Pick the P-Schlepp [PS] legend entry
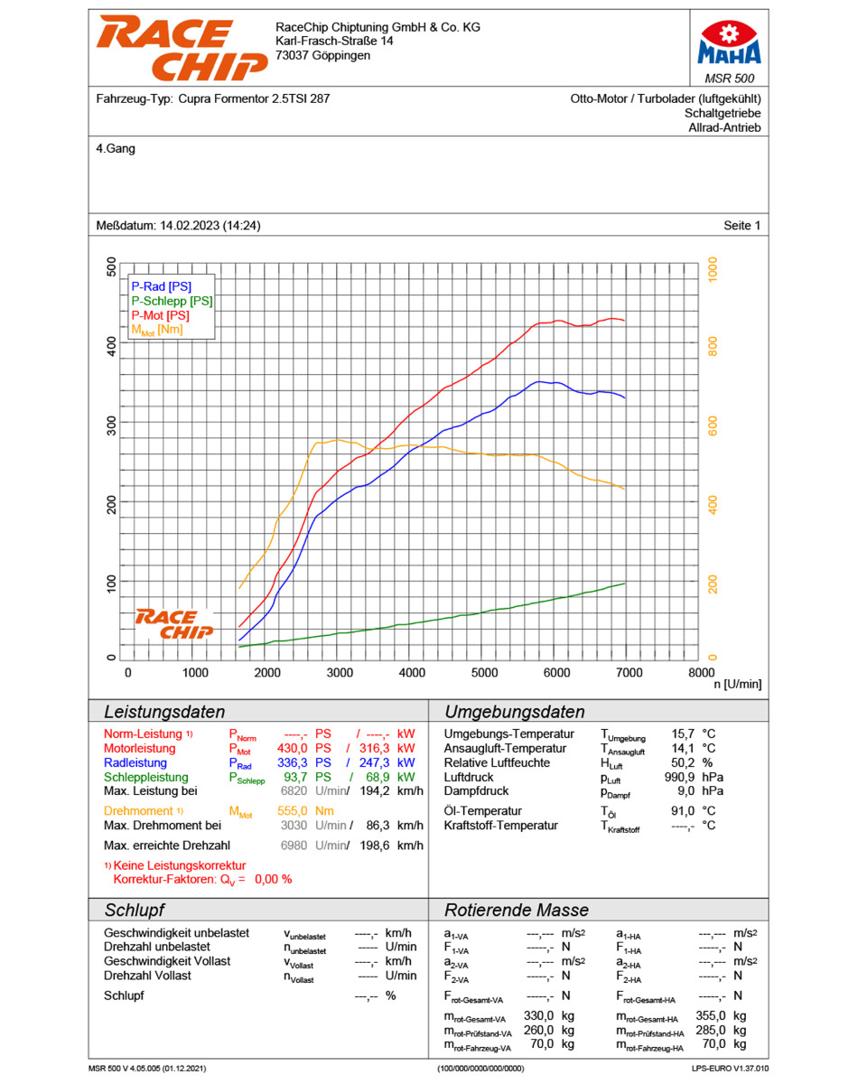[172, 301]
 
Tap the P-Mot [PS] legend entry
[161, 315]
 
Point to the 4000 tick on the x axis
[411, 672]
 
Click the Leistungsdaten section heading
[164, 712]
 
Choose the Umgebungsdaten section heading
[514, 712]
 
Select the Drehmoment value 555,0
[293, 810]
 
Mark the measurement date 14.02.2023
[190, 225]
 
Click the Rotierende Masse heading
[516, 910]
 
